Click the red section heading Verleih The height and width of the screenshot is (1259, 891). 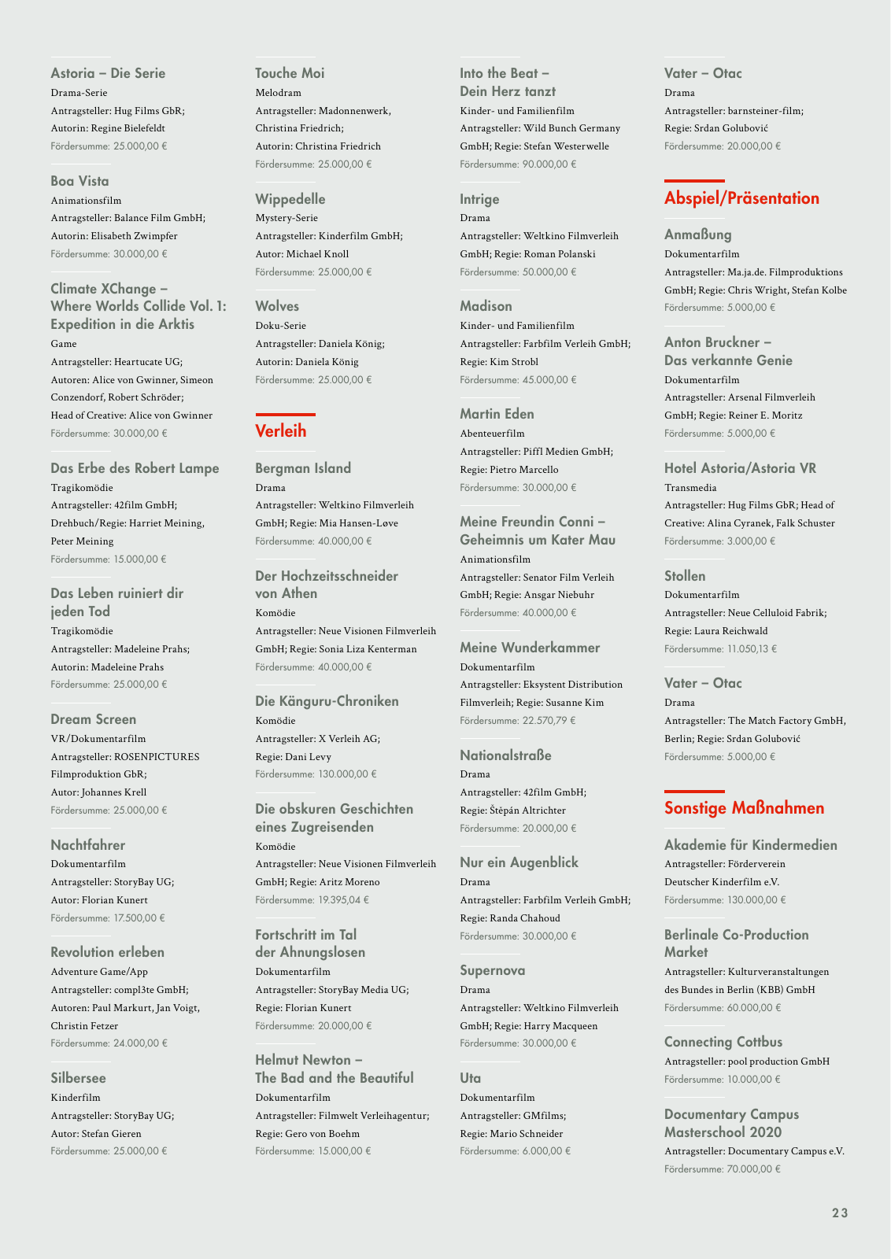pyautogui.click(x=281, y=431)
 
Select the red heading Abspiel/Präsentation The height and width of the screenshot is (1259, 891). pyautogui.click(x=741, y=198)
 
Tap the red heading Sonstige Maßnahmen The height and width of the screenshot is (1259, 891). pyautogui.click(x=744, y=808)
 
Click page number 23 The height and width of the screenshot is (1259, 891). pyautogui.click(x=840, y=1213)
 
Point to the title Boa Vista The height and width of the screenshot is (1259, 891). pyautogui.click(x=79, y=181)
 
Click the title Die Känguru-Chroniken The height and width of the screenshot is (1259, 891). pyautogui.click(x=327, y=701)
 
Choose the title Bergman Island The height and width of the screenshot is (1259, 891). pyautogui.click(x=303, y=468)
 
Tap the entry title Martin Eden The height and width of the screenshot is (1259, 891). pyautogui.click(x=497, y=414)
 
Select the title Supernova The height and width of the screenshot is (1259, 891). pyautogui.click(x=492, y=970)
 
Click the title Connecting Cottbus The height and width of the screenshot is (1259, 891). pyautogui.click(x=723, y=1042)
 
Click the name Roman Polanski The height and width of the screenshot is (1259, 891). pyautogui.click(x=560, y=254)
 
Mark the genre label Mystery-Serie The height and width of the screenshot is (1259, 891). pyautogui.click(x=287, y=218)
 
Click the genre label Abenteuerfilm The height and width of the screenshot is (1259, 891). pyautogui.click(x=492, y=434)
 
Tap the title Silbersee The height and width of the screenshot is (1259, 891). pyautogui.click(x=78, y=1078)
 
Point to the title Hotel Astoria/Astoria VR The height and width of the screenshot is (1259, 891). pyautogui.click(x=740, y=468)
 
